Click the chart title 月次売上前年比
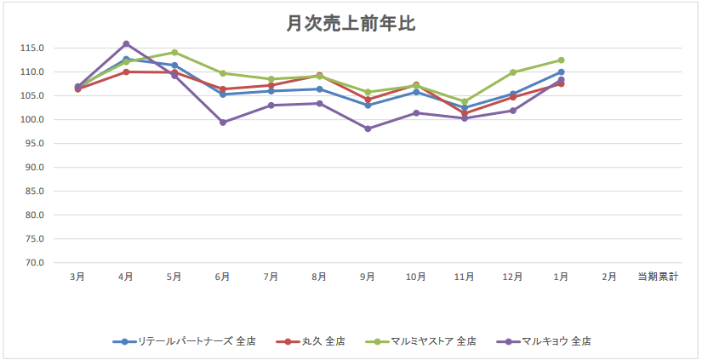pos(351,24)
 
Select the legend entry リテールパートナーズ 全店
pos(188,341)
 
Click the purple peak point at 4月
pos(126,43)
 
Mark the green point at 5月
pos(174,52)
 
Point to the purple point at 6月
pos(223,123)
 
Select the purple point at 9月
pos(368,129)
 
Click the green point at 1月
pos(562,60)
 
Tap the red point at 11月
pos(465,113)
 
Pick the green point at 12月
pos(513,72)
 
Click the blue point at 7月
pos(271,91)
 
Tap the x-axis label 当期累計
pos(658,277)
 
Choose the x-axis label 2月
pos(609,277)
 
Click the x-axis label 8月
pos(319,277)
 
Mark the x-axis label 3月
pos(77,277)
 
